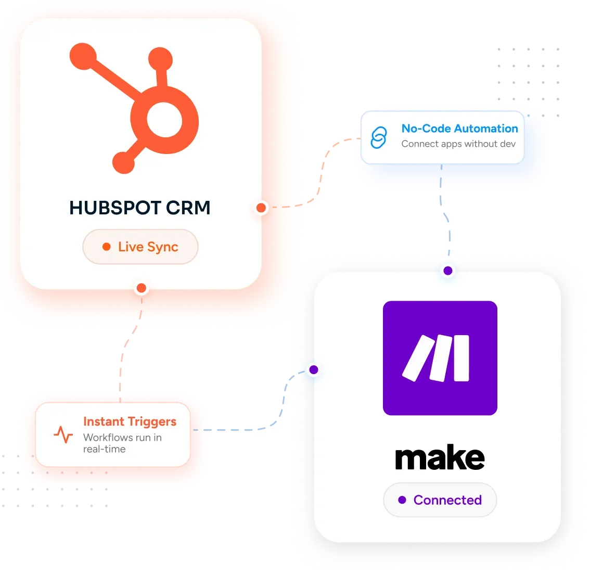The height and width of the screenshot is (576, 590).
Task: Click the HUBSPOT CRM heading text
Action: [x=139, y=208]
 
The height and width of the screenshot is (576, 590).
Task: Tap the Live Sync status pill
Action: [x=140, y=247]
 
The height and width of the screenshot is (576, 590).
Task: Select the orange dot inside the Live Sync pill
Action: [x=107, y=247]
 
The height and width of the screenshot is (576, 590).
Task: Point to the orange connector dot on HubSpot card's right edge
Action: [x=261, y=208]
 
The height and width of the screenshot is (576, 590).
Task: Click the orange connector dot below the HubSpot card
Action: [x=142, y=288]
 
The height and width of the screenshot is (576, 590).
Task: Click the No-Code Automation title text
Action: [x=459, y=129]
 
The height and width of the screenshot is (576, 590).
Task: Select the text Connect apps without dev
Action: [x=458, y=144]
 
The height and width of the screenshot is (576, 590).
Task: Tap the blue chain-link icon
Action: [x=379, y=137]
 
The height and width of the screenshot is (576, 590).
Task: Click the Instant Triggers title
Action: [x=130, y=422]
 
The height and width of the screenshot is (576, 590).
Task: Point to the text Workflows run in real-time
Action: [x=122, y=443]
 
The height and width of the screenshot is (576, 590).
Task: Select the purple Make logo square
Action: [x=440, y=358]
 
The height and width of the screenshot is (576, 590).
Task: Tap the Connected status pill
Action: [x=440, y=500]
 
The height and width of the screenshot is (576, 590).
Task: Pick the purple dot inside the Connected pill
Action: [x=402, y=500]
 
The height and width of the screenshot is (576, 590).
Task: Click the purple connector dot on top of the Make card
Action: [x=448, y=271]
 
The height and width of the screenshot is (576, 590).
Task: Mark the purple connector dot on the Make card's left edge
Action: [x=314, y=369]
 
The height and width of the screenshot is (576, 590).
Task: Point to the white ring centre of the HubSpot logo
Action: [x=164, y=120]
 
